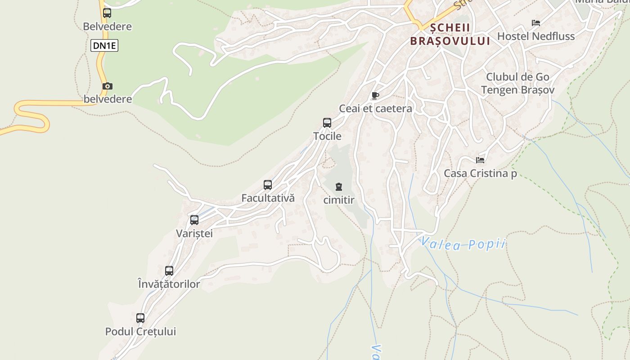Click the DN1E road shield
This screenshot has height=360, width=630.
(104, 45)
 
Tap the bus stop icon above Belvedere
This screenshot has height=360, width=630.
(107, 13)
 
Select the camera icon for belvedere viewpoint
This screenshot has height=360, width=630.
(108, 86)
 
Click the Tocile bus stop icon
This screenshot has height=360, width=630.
(327, 123)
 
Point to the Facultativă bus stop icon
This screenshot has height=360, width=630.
(268, 185)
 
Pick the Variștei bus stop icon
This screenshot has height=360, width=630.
(194, 220)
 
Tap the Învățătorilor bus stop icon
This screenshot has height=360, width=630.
(169, 271)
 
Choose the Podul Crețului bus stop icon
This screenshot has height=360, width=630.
(140, 318)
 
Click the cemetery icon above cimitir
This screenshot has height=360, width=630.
(339, 187)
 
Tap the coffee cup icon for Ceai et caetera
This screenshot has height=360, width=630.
(375, 95)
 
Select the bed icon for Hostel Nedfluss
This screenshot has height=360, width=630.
(535, 23)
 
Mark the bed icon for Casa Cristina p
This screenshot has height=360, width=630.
(480, 160)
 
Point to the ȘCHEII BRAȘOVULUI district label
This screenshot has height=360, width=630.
(450, 34)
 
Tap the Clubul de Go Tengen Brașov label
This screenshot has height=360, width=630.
(517, 83)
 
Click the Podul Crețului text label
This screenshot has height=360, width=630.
(140, 332)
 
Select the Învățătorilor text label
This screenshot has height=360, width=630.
(169, 284)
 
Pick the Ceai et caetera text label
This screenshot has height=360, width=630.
(375, 108)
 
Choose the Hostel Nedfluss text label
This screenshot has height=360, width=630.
(535, 36)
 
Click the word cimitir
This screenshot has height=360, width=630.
(339, 200)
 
